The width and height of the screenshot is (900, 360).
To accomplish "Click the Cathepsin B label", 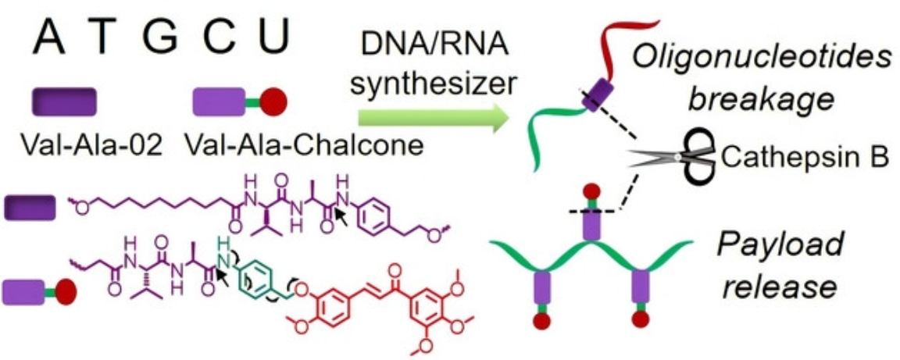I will click(x=805, y=157).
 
